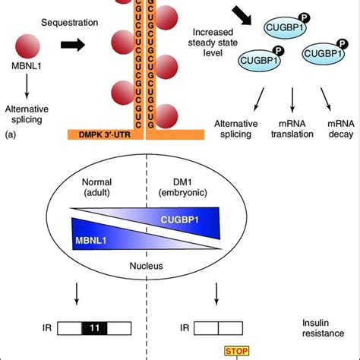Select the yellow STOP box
click(x=235, y=351)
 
